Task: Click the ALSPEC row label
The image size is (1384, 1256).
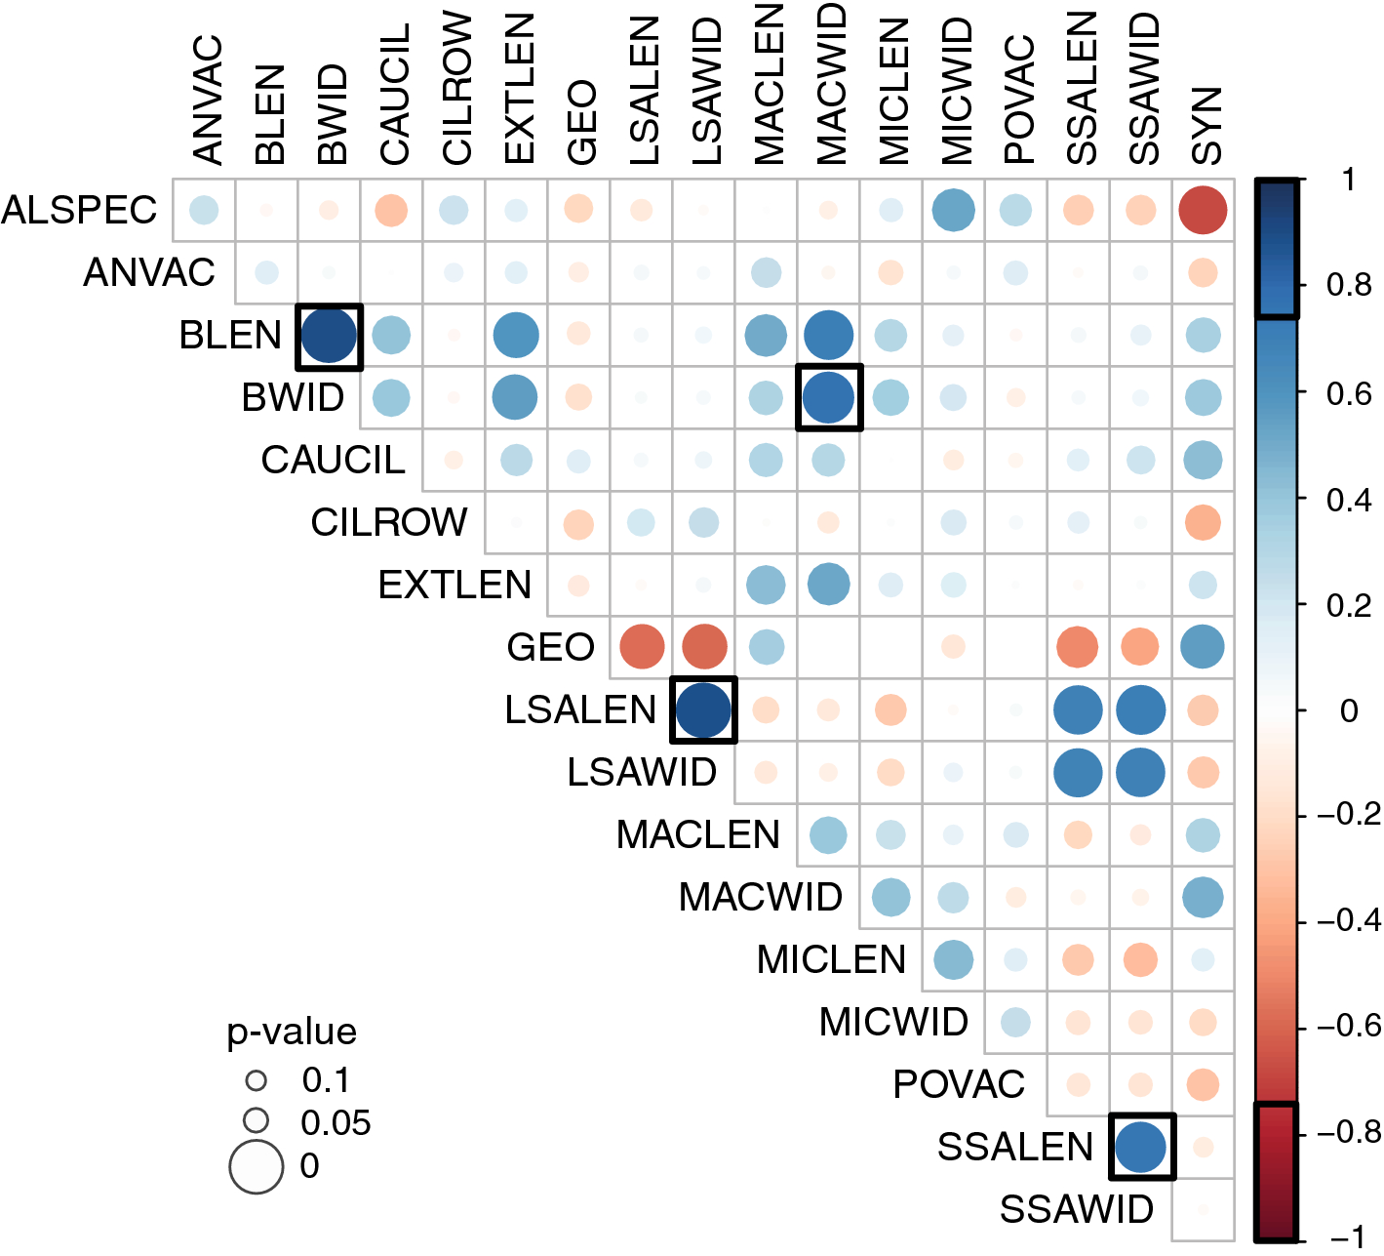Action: [x=79, y=210]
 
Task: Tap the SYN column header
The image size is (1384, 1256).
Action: [x=1206, y=126]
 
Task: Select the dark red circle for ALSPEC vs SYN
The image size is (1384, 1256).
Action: [x=1203, y=210]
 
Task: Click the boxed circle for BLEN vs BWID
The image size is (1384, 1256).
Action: [x=329, y=336]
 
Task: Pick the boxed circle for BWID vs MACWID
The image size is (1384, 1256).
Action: [x=829, y=398]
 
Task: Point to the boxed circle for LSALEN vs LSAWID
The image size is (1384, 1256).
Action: [x=703, y=709]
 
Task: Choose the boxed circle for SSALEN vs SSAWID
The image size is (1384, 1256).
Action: [x=1140, y=1148]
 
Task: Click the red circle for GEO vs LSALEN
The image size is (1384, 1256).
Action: [x=642, y=647]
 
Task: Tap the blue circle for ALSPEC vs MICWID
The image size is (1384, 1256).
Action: [x=953, y=210]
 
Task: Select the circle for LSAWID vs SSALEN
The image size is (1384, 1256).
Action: [x=1078, y=773]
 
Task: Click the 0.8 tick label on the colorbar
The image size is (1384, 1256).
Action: [x=1349, y=285]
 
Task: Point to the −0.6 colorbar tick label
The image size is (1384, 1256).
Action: [x=1349, y=1027]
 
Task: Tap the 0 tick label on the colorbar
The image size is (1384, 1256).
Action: [x=1349, y=710]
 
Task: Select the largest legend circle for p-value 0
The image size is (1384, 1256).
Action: [x=256, y=1166]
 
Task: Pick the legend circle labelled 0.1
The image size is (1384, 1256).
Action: [x=256, y=1080]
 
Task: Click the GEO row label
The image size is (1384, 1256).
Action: [x=550, y=648]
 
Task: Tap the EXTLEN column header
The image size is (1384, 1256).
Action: [x=520, y=89]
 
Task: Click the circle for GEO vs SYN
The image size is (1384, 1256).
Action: [x=1203, y=647]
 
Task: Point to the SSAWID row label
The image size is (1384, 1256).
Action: [x=1077, y=1210]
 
